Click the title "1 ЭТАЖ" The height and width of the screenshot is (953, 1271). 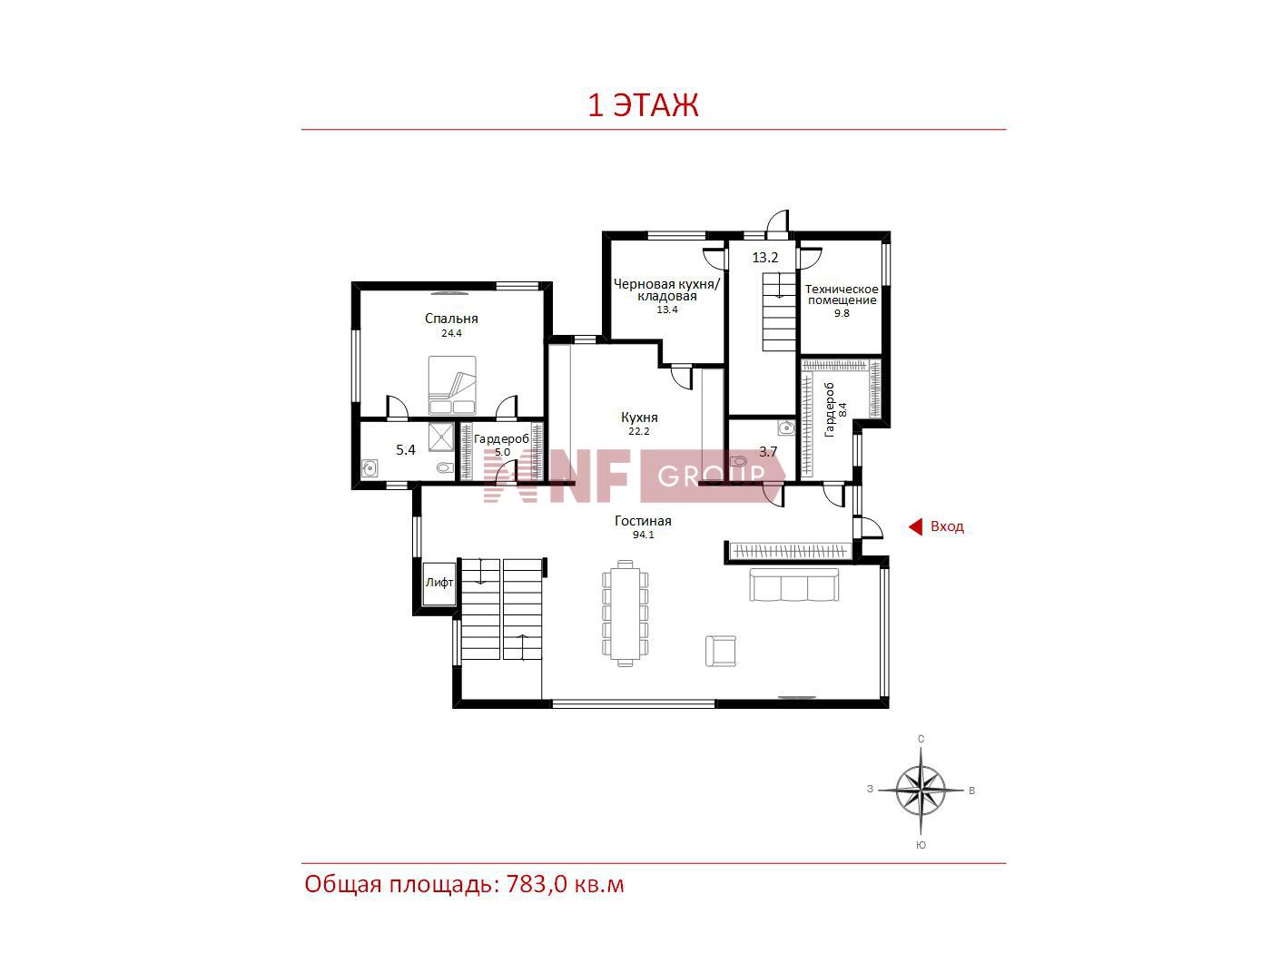644,105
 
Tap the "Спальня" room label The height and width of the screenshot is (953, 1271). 451,319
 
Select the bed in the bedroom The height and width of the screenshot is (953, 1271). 452,386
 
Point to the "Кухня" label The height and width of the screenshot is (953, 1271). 639,418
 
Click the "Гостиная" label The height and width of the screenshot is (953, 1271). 643,521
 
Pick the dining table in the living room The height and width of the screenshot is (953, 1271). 625,614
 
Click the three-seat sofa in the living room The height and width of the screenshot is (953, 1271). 793,585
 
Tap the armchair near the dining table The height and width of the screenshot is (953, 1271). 721,651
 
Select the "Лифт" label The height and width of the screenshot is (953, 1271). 439,583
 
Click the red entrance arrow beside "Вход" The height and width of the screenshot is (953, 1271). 915,526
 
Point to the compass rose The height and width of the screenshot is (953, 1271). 921,791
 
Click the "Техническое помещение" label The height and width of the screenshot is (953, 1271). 842,294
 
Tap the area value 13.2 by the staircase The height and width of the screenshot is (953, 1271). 765,258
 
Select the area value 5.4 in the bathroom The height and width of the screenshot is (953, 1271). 405,449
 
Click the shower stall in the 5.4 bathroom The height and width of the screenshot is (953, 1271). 441,437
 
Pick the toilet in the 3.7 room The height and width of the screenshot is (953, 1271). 739,461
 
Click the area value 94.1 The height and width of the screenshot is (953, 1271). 643,535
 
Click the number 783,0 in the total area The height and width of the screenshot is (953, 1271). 537,884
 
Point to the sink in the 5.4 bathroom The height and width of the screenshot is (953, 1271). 369,467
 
